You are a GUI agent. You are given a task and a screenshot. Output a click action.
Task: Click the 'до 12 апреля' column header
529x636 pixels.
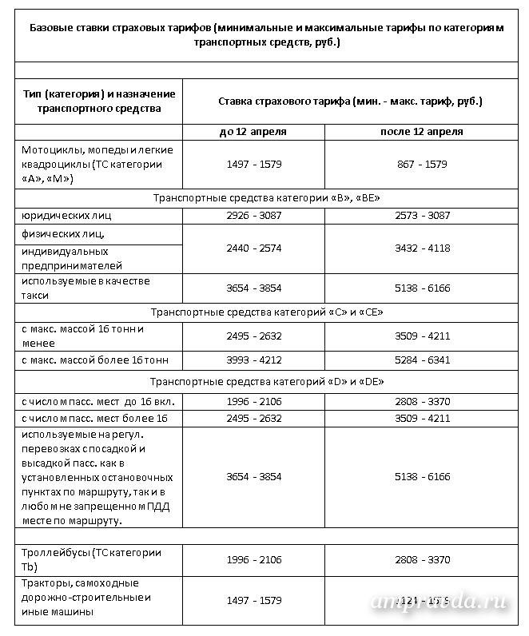253,131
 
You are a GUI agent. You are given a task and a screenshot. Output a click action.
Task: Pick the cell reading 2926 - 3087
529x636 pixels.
253,216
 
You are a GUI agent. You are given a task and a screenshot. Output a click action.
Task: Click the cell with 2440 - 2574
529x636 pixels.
253,248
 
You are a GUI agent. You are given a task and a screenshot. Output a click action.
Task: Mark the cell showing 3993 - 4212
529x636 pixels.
253,360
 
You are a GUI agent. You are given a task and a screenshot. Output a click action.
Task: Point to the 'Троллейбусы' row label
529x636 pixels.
89,559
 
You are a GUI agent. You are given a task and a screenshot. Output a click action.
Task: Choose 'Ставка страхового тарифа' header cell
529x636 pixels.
350,102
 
